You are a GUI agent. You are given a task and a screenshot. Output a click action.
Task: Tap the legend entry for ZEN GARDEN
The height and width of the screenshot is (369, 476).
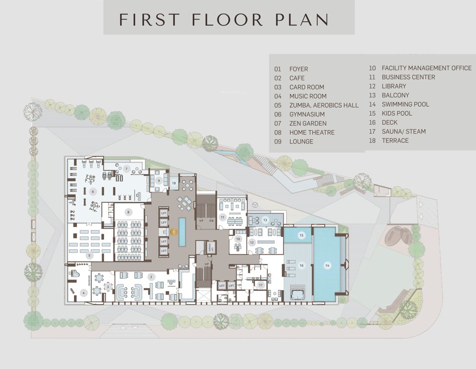click(x=308, y=123)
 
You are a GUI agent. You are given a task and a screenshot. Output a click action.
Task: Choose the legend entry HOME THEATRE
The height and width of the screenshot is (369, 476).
click(x=312, y=133)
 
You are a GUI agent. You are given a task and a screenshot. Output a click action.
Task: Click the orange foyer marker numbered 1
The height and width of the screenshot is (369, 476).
click(x=175, y=232)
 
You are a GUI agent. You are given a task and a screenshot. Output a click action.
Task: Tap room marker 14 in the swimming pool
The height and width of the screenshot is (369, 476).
click(x=327, y=265)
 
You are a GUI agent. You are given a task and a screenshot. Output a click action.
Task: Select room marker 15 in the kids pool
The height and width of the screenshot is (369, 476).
click(x=301, y=235)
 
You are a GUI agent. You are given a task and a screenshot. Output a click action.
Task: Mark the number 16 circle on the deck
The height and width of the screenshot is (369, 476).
click(x=301, y=265)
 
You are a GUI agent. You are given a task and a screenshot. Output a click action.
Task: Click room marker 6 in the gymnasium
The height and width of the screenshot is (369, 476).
click(x=94, y=191)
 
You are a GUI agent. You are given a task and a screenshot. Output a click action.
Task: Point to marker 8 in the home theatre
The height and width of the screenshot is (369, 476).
click(x=128, y=212)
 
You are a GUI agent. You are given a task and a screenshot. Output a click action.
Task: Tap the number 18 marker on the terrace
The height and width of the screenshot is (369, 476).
click(x=174, y=183)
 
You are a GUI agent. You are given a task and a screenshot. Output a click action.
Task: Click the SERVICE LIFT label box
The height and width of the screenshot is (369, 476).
click(x=210, y=247)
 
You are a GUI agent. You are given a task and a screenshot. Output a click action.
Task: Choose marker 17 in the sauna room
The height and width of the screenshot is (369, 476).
click(x=261, y=285)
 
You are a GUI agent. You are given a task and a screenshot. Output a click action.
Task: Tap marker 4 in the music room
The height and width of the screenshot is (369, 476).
click(x=83, y=292)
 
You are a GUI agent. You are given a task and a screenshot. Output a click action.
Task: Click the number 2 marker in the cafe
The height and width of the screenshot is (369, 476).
click(x=151, y=277)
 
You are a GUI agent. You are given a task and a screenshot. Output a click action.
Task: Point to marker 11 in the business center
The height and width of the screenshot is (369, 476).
click(x=223, y=217)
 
